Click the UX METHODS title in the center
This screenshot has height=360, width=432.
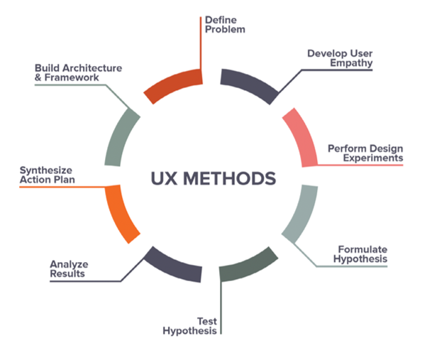[x=213, y=178]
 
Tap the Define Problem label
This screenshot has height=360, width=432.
[x=225, y=25]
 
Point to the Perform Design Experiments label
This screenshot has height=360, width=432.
[x=365, y=153]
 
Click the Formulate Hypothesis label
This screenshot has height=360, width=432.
[x=362, y=254]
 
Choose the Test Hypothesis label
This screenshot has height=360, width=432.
[x=190, y=325]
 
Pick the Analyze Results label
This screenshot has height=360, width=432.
[x=69, y=270]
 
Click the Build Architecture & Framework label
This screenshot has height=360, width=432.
[x=77, y=72]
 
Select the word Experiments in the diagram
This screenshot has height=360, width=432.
[x=375, y=158]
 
